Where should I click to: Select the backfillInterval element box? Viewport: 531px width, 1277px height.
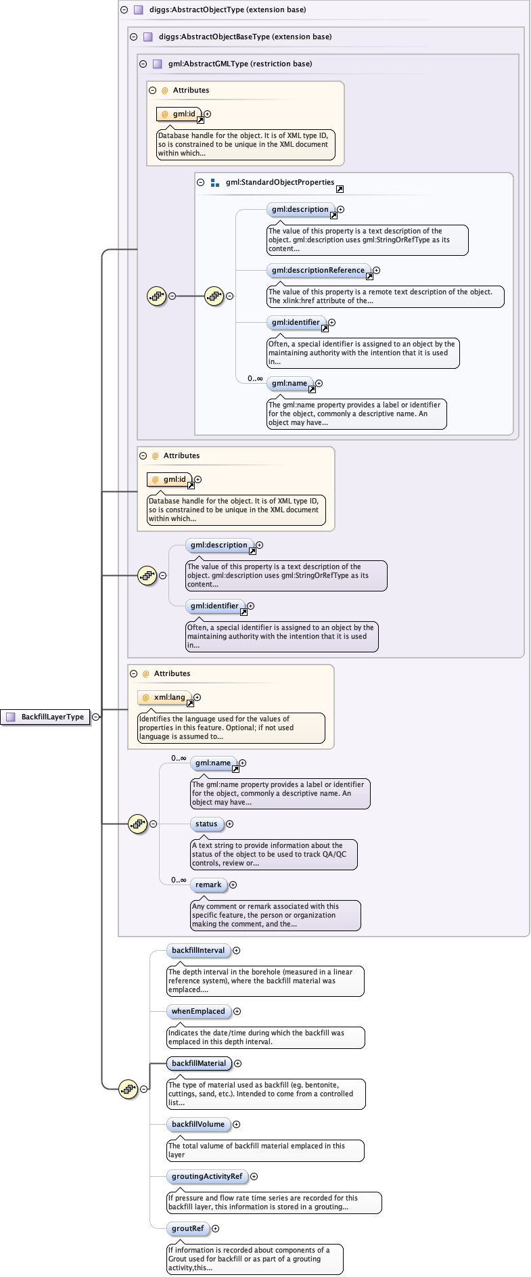pos(198,950)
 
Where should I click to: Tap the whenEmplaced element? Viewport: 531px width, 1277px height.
pos(198,1011)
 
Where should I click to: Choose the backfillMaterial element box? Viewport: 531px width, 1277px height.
pos(199,1063)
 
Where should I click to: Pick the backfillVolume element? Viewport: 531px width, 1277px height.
pos(198,1124)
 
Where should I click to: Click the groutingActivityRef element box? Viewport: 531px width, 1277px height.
pos(206,1176)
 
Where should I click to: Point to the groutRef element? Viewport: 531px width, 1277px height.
pos(187,1228)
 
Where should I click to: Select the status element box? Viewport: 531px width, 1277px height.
pos(206,824)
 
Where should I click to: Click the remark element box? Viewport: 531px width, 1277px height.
pos(208,884)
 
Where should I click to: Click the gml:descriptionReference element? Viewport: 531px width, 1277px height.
pos(318,270)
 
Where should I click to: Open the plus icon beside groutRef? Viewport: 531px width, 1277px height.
pos(216,1228)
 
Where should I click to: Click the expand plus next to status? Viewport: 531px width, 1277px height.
pos(229,824)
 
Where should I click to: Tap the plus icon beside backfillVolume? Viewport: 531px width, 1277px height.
pos(236,1124)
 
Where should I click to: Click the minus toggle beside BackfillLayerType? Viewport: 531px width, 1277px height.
pos(96,717)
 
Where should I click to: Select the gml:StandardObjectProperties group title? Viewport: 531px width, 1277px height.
pos(280,182)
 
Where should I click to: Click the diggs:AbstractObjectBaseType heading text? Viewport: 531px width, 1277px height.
pos(245,37)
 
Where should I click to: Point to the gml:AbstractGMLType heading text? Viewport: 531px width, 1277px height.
pos(240,64)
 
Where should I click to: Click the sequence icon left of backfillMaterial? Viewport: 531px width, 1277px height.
pos(128,1089)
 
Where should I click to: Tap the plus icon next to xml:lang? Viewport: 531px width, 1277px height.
pos(197,697)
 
